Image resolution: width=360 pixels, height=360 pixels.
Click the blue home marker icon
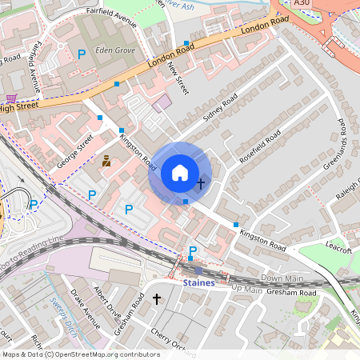pyautogui.click(x=180, y=173)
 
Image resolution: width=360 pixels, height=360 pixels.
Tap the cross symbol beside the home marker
pyautogui.click(x=200, y=184)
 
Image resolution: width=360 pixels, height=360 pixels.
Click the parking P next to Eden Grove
pyautogui.click(x=81, y=54)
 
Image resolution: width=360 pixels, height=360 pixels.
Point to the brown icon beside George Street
pyautogui.click(x=106, y=161)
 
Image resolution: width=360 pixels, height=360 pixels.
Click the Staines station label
pyautogui.click(x=198, y=283)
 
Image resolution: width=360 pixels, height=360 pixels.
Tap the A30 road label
pyautogui.click(x=301, y=4)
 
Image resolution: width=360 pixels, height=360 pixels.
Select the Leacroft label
pyautogui.click(x=339, y=250)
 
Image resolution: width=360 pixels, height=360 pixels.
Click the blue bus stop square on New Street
pyautogui.click(x=186, y=43)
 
